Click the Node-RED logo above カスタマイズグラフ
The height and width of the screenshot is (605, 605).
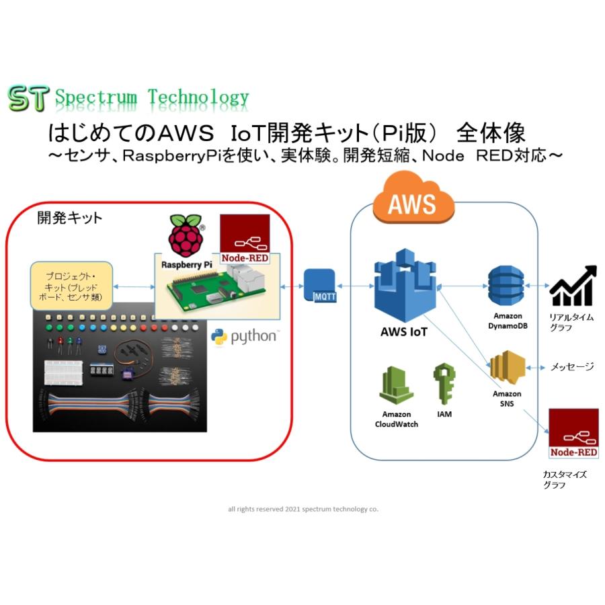coord(573,434)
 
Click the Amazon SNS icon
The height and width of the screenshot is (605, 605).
coord(506,367)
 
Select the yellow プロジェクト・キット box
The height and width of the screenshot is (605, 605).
coord(71,286)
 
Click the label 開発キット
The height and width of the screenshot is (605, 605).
coord(69,218)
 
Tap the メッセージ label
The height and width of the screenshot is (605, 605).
coord(572,367)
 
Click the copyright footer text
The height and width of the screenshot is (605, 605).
coord(302,509)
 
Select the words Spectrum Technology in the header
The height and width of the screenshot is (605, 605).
coord(151,98)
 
